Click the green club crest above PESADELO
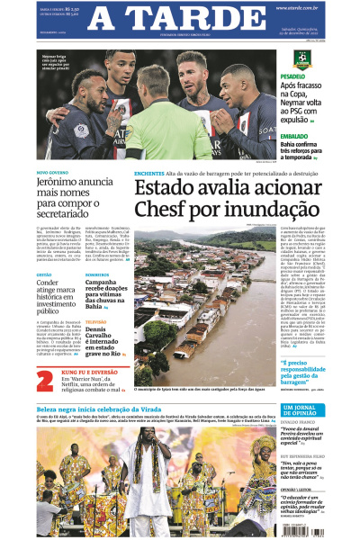click(301, 57)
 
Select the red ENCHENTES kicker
click(148, 172)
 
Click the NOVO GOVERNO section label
click(50, 171)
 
